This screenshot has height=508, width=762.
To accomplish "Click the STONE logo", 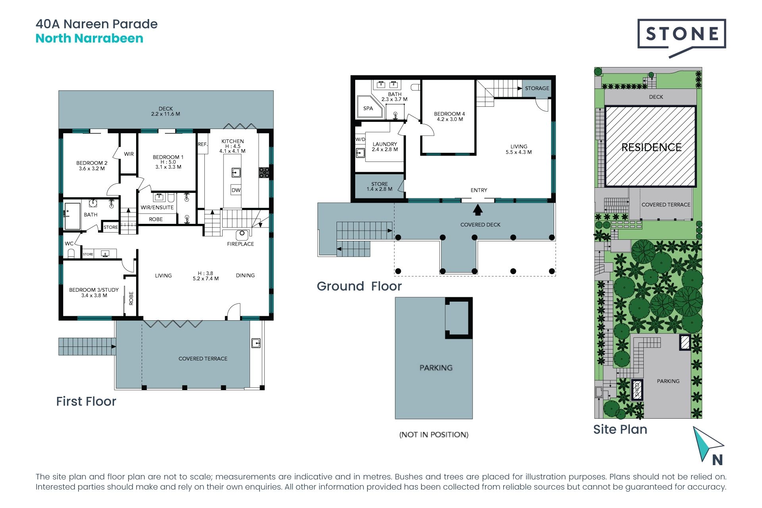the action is pyautogui.click(x=681, y=38).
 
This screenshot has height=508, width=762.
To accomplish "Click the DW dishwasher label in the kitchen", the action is pyautogui.click(x=236, y=190).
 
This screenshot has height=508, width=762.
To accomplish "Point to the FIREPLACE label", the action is pyautogui.click(x=241, y=244).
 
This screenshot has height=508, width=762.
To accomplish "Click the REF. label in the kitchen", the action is pyautogui.click(x=203, y=144).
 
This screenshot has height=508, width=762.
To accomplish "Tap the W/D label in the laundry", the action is pyautogui.click(x=360, y=139).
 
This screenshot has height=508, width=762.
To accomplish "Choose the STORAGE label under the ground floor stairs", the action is pyautogui.click(x=537, y=88).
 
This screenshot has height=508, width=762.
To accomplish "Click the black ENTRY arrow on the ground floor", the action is pyautogui.click(x=478, y=210).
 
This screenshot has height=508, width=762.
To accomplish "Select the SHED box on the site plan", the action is pyautogui.click(x=637, y=390).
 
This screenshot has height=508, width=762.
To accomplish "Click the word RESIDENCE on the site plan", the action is pyautogui.click(x=651, y=147).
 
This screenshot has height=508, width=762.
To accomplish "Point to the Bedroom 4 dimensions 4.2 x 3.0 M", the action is pyautogui.click(x=450, y=119).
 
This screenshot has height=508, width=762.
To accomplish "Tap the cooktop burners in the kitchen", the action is pyautogui.click(x=264, y=172).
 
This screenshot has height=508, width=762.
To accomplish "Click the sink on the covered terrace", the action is pyautogui.click(x=256, y=343).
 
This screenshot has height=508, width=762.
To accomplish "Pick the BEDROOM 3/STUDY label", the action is pyautogui.click(x=94, y=290).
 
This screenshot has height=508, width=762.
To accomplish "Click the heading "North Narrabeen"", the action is pyautogui.click(x=89, y=38).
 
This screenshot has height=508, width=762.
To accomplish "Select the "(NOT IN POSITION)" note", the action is pyautogui.click(x=434, y=435).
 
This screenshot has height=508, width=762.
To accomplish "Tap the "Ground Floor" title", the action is pyautogui.click(x=359, y=286).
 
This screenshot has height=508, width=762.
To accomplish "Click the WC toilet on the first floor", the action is pyautogui.click(x=71, y=253).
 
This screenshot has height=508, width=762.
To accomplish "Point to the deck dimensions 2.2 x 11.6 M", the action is pyautogui.click(x=165, y=114).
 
